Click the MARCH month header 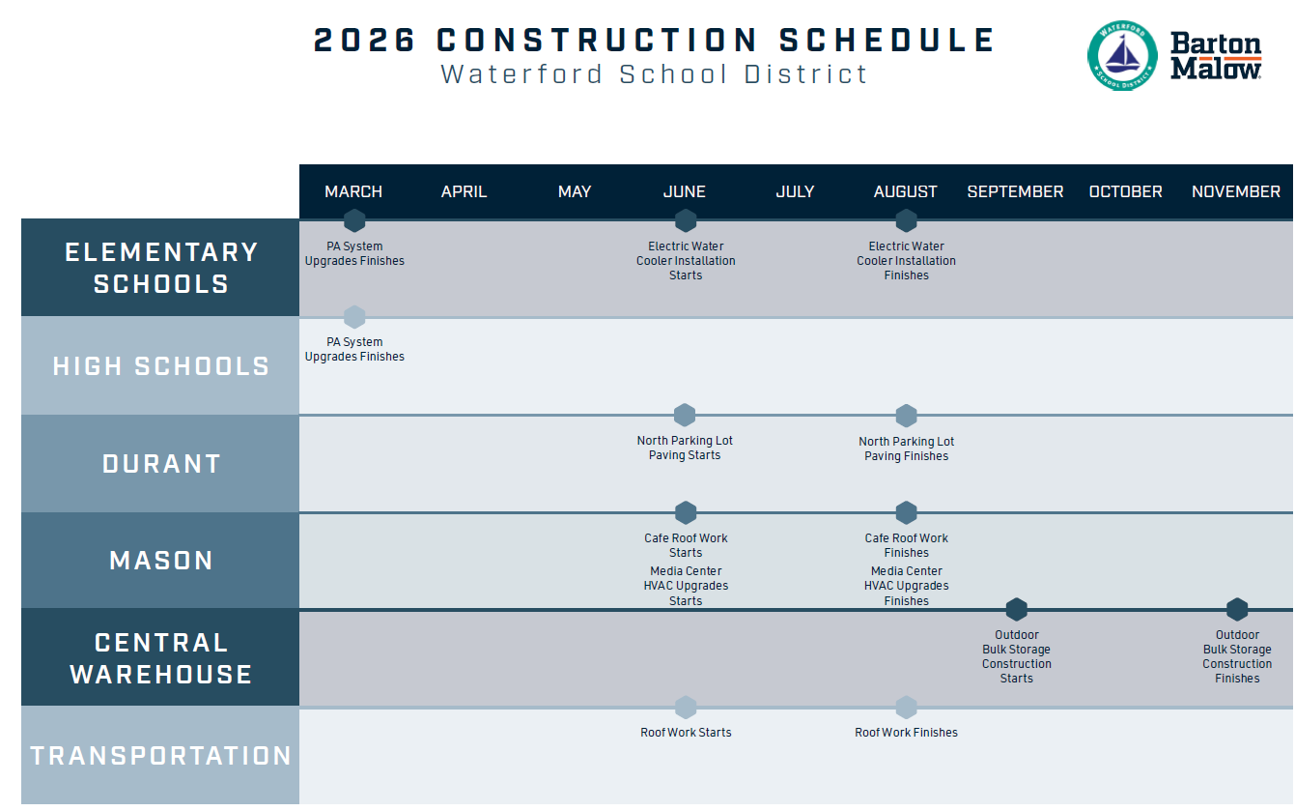tap(353, 191)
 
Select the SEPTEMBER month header tap(1015, 191)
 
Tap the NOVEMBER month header tap(1235, 191)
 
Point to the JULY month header tap(795, 191)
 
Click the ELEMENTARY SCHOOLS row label tap(160, 268)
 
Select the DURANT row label tap(160, 464)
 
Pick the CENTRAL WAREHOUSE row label tap(160, 658)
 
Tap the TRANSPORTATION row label tap(160, 756)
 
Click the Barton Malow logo tap(1215, 56)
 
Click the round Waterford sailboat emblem tap(1121, 56)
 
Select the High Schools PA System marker tap(354, 317)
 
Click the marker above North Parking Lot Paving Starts tap(685, 416)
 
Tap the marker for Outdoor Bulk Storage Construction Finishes tap(1237, 610)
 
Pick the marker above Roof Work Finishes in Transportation tap(906, 708)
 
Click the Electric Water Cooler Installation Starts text tap(686, 261)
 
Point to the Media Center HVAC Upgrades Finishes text tap(906, 586)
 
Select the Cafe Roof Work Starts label tap(686, 545)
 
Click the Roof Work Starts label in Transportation tap(686, 733)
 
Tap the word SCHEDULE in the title tap(887, 41)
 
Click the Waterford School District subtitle tap(654, 74)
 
